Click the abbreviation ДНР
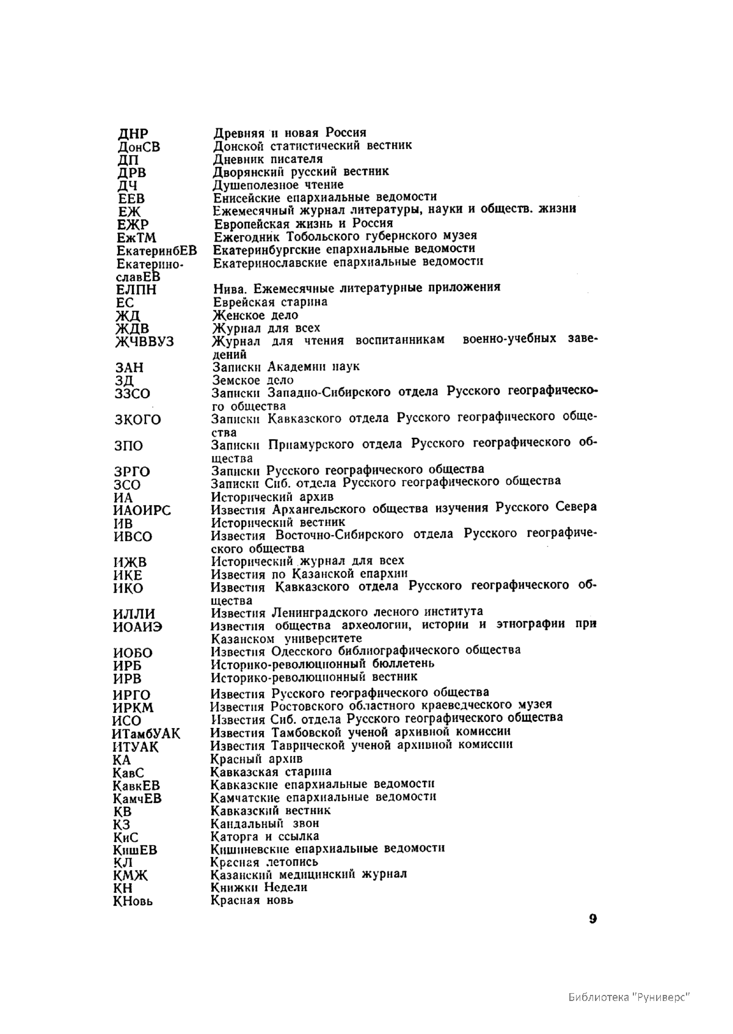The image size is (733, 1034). (133, 134)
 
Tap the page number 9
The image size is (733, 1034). (593, 920)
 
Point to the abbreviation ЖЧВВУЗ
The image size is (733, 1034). (145, 342)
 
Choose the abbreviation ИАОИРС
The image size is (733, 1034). (142, 511)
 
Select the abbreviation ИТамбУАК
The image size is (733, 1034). (147, 734)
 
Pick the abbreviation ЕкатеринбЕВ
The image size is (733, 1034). (157, 250)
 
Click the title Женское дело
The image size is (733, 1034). (255, 315)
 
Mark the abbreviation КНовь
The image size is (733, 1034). (133, 901)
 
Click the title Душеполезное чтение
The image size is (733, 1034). (278, 184)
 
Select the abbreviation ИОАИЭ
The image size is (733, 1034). (138, 627)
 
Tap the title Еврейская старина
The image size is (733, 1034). (270, 302)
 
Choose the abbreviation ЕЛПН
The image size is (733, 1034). (136, 289)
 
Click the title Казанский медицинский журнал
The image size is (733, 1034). (308, 874)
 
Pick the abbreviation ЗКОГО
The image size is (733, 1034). (138, 420)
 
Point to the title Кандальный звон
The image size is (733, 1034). (264, 823)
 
